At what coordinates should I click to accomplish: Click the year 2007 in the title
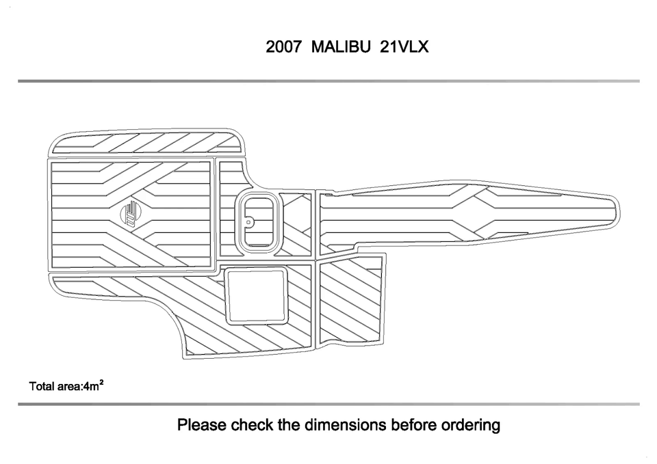point(283,46)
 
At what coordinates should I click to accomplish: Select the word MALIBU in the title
point(341,46)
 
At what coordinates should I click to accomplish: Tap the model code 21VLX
point(404,46)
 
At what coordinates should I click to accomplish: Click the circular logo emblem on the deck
point(130,214)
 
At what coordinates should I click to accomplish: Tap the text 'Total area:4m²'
point(66,385)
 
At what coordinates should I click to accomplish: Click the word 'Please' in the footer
point(202,424)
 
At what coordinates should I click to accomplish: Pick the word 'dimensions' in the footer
point(345,424)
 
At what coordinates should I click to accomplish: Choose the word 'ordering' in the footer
point(471,424)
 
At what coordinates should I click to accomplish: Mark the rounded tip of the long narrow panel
point(619,213)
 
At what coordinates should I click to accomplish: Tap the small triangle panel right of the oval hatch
point(296,224)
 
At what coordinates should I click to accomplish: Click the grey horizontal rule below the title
point(328,81)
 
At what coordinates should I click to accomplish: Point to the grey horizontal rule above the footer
point(328,404)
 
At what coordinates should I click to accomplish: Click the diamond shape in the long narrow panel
point(474,213)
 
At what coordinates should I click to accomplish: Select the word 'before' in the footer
point(413,424)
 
